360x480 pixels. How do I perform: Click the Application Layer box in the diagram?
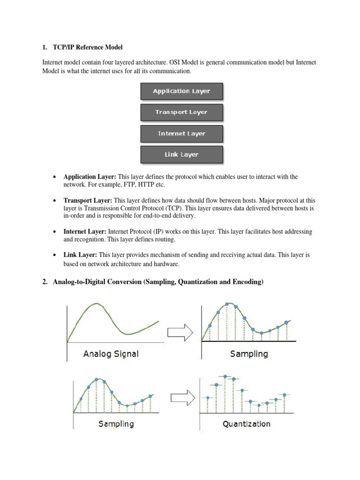181,91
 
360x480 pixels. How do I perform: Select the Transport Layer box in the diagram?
181,112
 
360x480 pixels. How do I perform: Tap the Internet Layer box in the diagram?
181,134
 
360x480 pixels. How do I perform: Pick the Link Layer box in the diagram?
181,154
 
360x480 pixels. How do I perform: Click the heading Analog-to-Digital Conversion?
159,282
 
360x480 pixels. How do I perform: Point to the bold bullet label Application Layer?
90,177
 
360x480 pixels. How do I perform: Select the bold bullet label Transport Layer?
88,200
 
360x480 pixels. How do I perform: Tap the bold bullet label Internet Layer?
85,232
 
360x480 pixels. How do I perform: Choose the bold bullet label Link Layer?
80,255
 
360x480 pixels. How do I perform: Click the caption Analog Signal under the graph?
111,353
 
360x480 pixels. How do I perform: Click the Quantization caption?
246,424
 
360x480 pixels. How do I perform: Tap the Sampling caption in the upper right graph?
249,353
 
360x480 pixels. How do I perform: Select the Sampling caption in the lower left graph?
116,424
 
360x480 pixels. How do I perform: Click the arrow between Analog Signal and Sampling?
180,332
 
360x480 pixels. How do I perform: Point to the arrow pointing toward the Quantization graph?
183,397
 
